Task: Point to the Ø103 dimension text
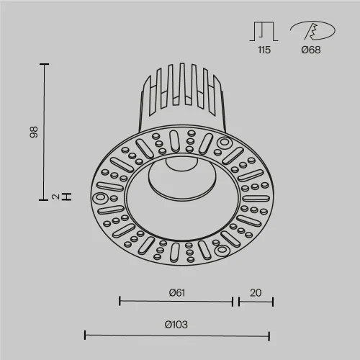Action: tap(176, 324)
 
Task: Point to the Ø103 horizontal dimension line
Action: tap(177, 334)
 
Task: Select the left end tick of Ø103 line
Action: tap(85, 334)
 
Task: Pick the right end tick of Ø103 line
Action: tap(269, 334)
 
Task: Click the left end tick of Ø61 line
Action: tap(119, 301)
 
